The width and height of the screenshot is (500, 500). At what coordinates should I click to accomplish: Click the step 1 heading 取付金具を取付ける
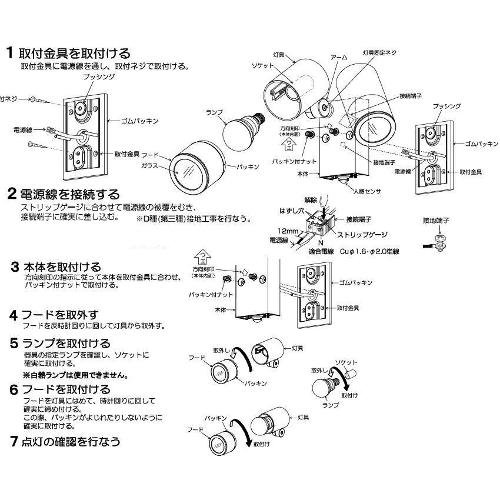point(75,54)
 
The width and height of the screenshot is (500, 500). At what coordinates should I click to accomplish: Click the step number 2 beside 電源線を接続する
point(11,194)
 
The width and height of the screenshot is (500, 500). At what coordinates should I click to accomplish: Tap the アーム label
point(339,57)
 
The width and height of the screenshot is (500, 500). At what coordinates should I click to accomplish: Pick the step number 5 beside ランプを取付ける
point(12,343)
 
